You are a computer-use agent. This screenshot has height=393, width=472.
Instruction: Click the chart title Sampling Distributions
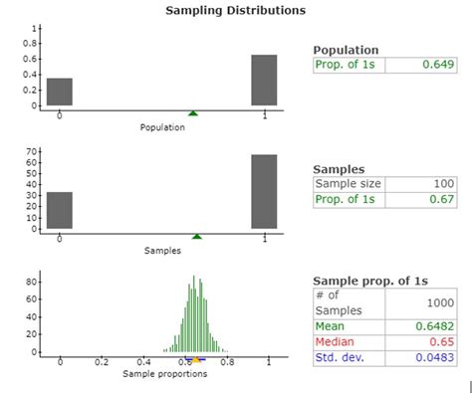coord(235,10)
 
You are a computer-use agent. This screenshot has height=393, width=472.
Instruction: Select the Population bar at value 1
coord(264,81)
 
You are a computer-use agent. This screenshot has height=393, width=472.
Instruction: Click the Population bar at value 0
coord(60,92)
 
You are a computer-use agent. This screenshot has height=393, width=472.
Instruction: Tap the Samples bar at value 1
coord(264,192)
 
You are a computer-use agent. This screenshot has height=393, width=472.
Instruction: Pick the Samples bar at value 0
coord(60,211)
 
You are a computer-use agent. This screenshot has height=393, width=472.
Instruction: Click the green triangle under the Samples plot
coord(197,237)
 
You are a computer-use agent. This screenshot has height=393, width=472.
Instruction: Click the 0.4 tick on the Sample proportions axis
coord(144,363)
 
